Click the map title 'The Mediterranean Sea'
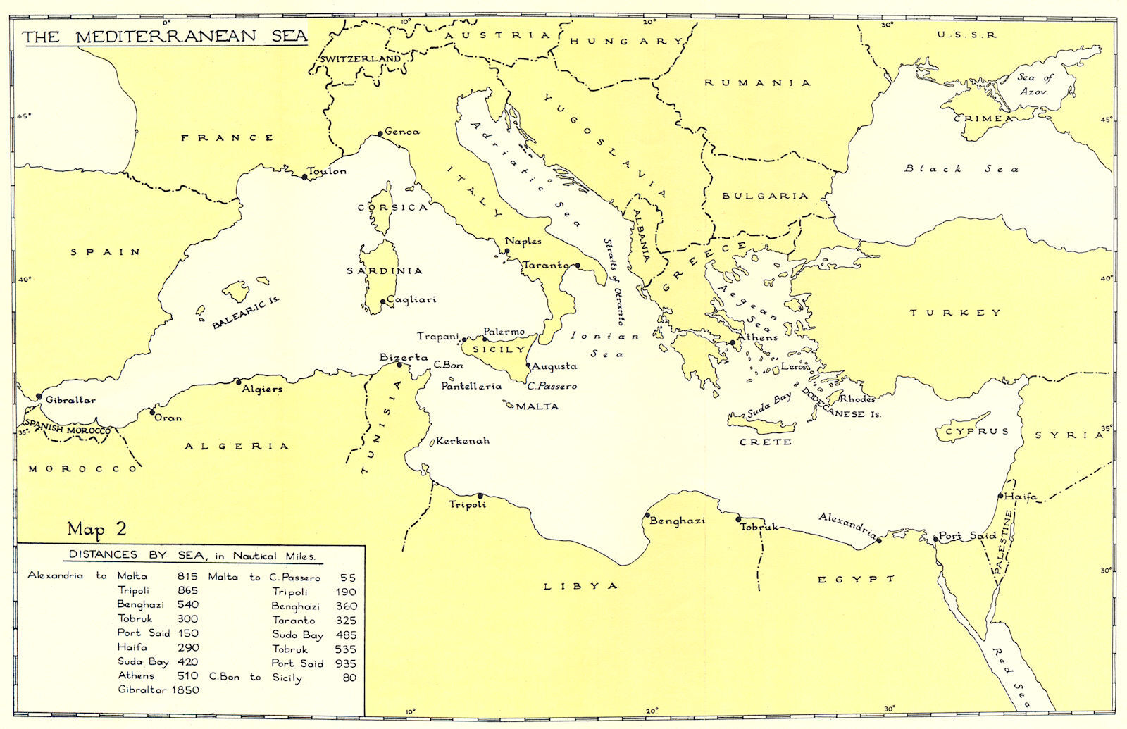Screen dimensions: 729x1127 [165, 37]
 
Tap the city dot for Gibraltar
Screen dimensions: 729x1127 [39, 397]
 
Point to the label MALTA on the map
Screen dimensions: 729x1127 [537, 406]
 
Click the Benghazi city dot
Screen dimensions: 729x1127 [647, 515]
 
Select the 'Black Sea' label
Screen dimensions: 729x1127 [961, 168]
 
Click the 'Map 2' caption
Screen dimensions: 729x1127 [96, 529]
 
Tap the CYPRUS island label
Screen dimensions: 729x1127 [977, 431]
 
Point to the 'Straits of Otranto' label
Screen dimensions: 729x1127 [614, 281]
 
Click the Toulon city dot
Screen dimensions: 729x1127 [305, 177]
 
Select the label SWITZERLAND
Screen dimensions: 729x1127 [360, 58]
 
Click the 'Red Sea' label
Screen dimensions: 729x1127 [1011, 677]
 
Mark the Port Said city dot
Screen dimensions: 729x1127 [935, 539]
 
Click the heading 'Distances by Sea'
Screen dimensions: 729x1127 [192, 556]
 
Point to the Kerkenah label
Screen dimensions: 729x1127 [462, 441]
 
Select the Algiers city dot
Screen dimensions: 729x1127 [238, 381]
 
